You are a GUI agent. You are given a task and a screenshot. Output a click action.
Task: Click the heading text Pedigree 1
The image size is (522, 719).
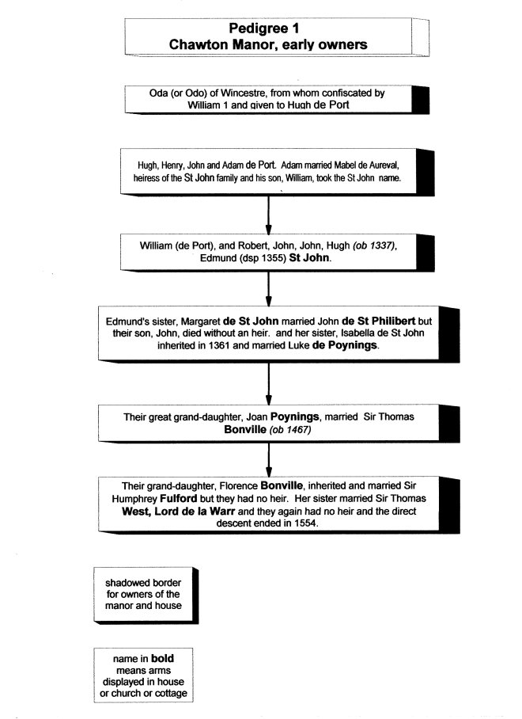(x=268, y=29)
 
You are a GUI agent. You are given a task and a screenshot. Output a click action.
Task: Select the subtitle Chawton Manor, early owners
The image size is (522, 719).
(x=268, y=44)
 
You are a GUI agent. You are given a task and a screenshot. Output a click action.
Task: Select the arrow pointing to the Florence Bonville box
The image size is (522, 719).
(x=269, y=459)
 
